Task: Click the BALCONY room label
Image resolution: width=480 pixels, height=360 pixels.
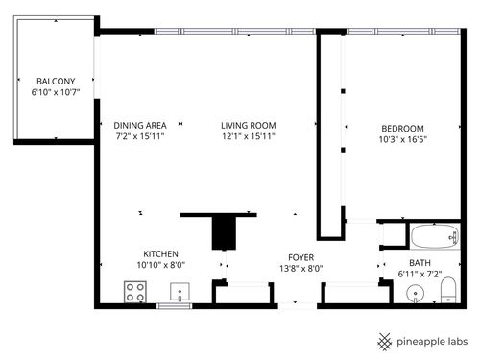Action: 49,81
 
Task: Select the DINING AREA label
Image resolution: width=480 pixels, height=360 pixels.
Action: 140,125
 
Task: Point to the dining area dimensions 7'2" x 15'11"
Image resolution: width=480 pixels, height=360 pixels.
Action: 140,137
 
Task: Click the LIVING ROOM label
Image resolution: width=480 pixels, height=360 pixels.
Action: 248,125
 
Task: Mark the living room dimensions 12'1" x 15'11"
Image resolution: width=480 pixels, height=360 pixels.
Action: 248,137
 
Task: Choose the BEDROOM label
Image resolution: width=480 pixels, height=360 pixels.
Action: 402,128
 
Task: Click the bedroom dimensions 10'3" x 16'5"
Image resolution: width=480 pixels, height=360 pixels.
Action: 402,140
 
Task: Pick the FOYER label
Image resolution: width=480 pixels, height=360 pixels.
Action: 301,257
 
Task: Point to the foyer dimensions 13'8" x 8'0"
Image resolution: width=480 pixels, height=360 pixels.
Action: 301,270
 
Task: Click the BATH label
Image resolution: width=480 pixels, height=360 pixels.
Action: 420,263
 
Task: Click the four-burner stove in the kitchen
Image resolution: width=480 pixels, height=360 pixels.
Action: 134,292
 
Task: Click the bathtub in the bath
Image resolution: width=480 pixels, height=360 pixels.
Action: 433,236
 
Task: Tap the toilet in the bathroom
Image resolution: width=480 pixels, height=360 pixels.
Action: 447,291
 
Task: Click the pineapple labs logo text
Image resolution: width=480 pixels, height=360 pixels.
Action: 431,340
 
